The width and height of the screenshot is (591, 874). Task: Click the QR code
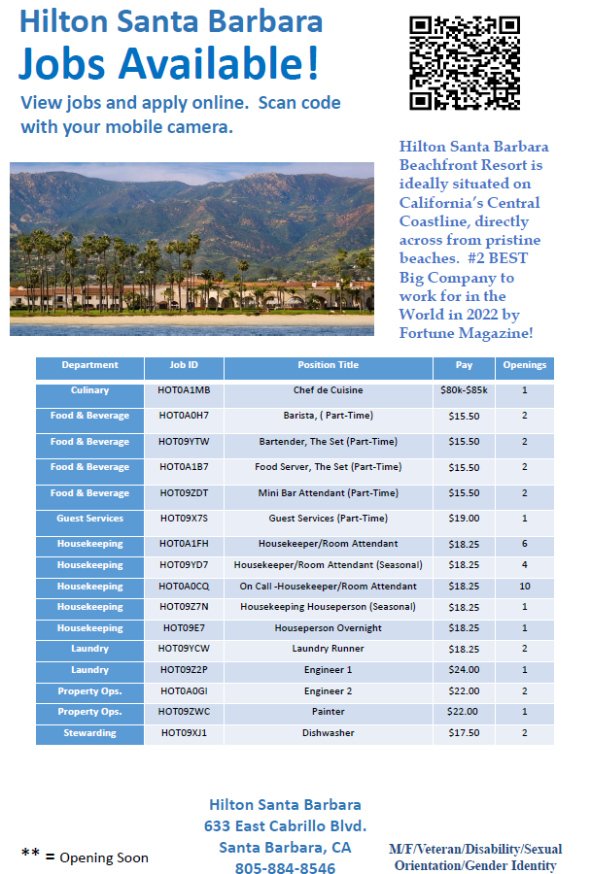pos(465,64)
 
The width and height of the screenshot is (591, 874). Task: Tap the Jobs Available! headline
pos(168,63)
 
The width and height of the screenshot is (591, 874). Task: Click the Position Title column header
pos(328,366)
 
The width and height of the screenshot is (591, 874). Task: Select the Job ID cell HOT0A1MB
pos(184,390)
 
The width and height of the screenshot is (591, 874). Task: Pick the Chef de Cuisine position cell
pos(328,390)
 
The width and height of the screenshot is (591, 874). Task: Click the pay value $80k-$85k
pos(464,390)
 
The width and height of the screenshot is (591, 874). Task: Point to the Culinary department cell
pos(89,390)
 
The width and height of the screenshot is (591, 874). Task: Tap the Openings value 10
pos(524,587)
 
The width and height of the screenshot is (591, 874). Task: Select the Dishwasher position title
pos(328,733)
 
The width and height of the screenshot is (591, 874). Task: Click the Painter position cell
pos(328,712)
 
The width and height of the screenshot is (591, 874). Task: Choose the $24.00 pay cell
pos(464,670)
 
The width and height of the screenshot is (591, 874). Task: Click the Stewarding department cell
pos(89,733)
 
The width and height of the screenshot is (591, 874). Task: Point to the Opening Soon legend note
pos(86,857)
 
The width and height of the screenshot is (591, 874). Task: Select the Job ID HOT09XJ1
pos(184,733)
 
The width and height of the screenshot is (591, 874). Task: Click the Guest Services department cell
pos(89,519)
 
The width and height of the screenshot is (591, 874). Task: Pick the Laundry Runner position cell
pos(328,649)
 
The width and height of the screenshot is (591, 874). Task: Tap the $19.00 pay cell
pos(464,519)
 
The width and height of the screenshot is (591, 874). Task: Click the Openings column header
pos(524,366)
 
